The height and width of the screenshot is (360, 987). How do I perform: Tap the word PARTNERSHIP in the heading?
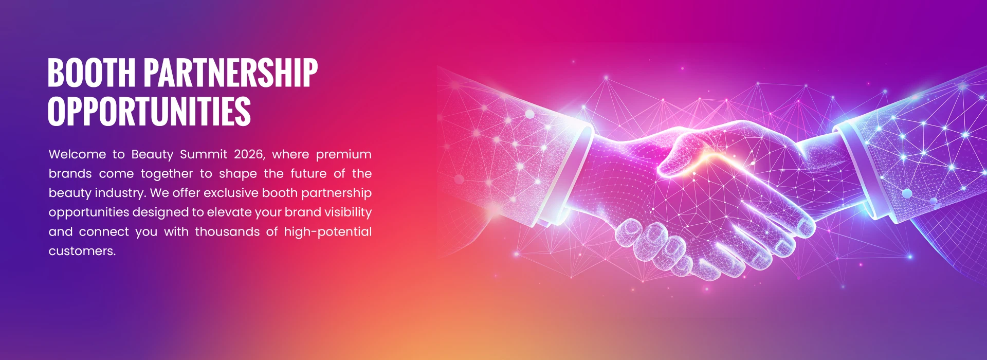pyautogui.click(x=230, y=73)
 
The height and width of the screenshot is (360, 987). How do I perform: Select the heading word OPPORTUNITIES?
pyautogui.click(x=149, y=111)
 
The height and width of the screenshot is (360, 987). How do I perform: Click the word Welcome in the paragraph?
pyautogui.click(x=77, y=154)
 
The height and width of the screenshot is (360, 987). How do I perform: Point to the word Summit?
pyautogui.click(x=204, y=154)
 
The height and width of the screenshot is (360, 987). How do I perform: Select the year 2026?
pyautogui.click(x=249, y=154)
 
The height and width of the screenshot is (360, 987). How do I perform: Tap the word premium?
pyautogui.click(x=343, y=154)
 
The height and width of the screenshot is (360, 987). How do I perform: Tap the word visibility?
pyautogui.click(x=348, y=212)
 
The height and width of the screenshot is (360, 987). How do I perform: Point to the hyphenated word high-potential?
pyautogui.click(x=327, y=232)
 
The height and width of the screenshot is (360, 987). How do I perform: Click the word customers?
pyautogui.click(x=81, y=251)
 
